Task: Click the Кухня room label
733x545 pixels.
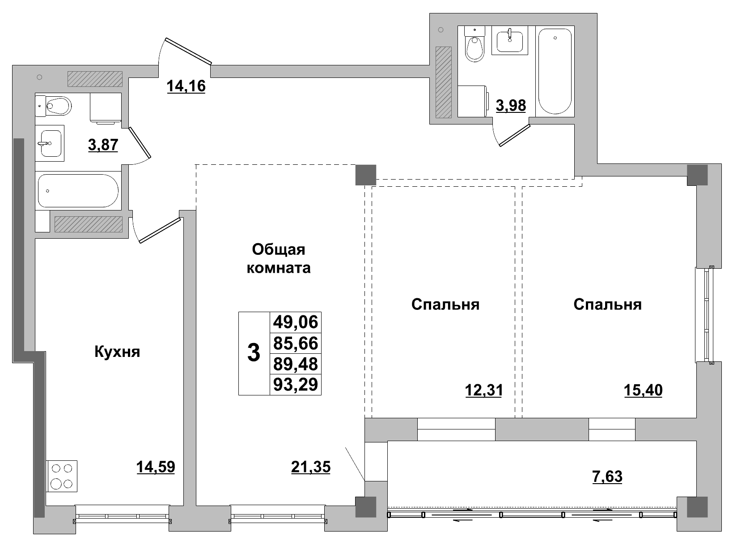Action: pos(117,352)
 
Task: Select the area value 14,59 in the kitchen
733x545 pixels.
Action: pos(155,467)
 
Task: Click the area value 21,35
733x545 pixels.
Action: pos(310,467)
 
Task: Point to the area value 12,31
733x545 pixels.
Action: pos(483,391)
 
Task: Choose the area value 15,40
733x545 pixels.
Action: pos(643,391)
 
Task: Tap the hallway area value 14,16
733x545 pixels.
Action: pos(186,86)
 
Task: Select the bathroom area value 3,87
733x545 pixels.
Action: pos(103,145)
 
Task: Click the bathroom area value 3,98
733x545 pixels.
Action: pos(511,106)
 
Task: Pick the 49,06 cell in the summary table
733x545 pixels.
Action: pos(295,322)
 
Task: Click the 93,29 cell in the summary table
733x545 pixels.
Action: pos(295,385)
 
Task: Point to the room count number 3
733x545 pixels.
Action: pos(254,353)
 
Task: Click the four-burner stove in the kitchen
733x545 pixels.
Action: pos(62,476)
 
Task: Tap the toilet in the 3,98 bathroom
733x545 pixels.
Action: pos(475,47)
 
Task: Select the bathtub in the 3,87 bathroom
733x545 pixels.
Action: pos(78,191)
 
